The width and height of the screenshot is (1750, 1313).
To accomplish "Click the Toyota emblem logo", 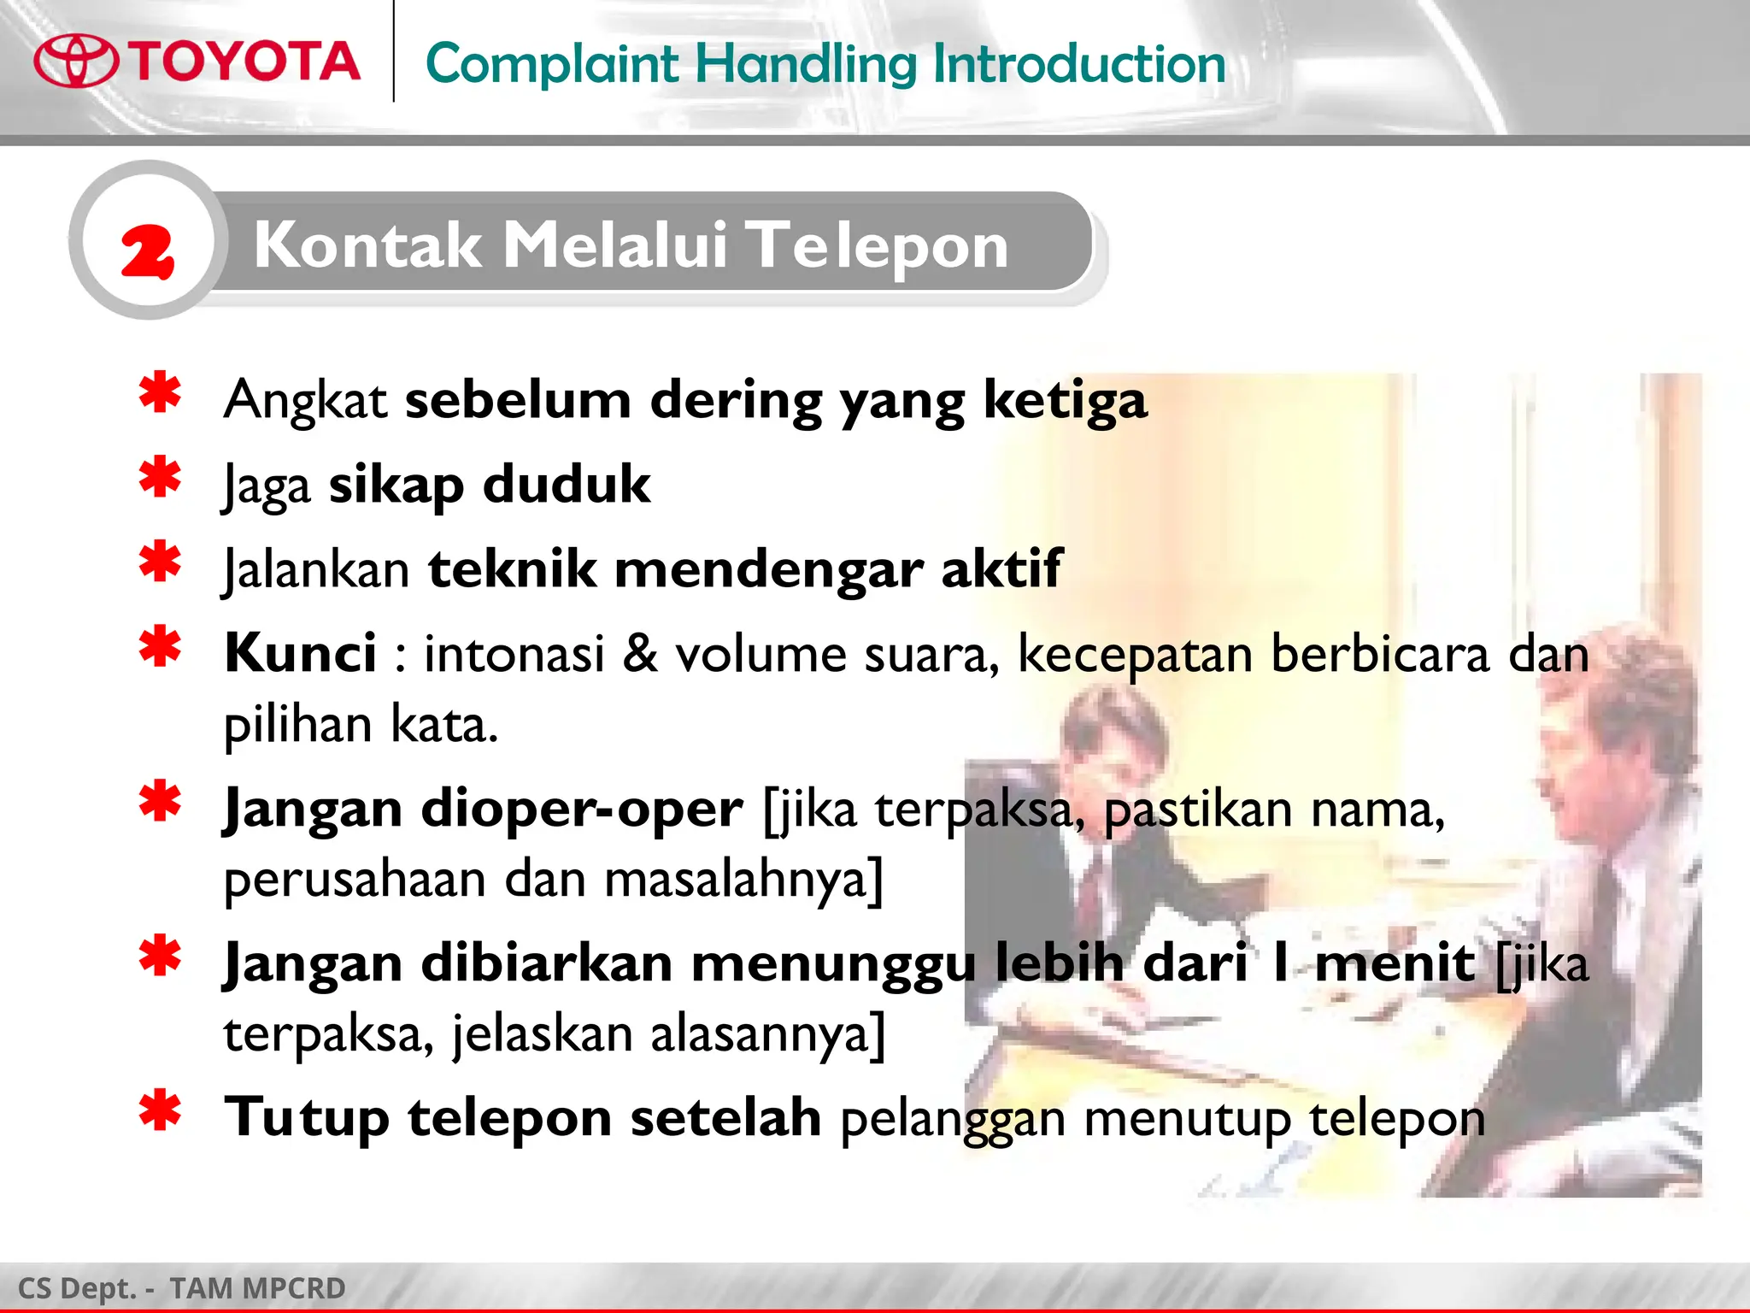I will click(x=76, y=62).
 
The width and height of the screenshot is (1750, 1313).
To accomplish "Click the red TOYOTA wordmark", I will click(x=244, y=62).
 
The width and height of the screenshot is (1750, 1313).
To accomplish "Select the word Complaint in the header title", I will click(x=552, y=64).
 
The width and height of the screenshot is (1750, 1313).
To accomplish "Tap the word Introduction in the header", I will click(x=1078, y=64).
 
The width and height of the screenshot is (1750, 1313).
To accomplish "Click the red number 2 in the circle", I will click(x=147, y=251).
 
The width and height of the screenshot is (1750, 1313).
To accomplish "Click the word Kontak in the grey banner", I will click(x=367, y=245).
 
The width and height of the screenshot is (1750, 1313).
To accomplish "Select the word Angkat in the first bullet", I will click(x=305, y=400).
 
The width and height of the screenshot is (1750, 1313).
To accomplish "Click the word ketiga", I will click(x=1065, y=400).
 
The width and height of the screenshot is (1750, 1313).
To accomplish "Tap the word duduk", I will click(x=567, y=485).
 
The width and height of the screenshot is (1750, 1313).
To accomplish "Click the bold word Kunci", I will click(x=300, y=653).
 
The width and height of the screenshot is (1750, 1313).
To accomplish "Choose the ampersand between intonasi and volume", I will click(x=640, y=654).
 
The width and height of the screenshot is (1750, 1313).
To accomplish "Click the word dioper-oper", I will click(x=581, y=809).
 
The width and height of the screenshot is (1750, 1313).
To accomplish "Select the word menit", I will click(x=1395, y=963).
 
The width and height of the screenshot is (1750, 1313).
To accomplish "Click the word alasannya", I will click(x=767, y=1034).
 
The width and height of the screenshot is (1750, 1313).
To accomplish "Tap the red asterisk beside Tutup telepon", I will click(x=160, y=1111).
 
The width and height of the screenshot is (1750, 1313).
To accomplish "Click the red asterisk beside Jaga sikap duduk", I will click(x=160, y=478).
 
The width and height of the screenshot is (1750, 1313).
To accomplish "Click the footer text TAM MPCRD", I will click(x=257, y=1288).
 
